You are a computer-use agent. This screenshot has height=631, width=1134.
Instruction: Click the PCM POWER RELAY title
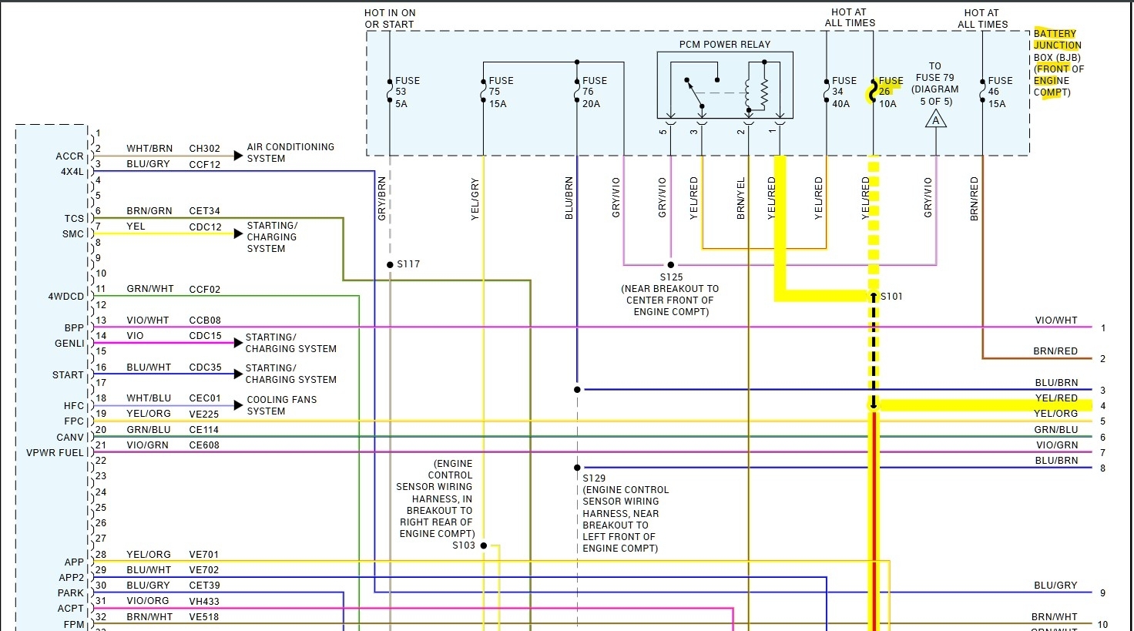pyautogui.click(x=724, y=45)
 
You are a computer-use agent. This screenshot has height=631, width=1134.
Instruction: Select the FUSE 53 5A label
pyautogui.click(x=407, y=92)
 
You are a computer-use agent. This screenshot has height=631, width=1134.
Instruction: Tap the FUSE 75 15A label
pyautogui.click(x=500, y=92)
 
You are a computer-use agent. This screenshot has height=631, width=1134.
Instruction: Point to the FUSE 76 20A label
pyautogui.click(x=594, y=92)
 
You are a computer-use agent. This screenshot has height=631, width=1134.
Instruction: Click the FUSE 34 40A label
pyautogui.click(x=844, y=92)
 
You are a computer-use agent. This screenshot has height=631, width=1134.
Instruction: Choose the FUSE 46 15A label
pyautogui.click(x=999, y=92)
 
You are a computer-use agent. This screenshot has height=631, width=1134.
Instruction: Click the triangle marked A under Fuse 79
pyautogui.click(x=936, y=119)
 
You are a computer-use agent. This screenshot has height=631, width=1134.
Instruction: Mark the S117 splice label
pyautogui.click(x=408, y=264)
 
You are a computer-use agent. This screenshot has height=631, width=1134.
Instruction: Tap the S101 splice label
pyautogui.click(x=891, y=297)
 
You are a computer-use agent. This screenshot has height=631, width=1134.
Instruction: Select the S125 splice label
pyautogui.click(x=671, y=277)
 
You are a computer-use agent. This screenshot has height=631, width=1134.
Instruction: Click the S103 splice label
pyautogui.click(x=464, y=545)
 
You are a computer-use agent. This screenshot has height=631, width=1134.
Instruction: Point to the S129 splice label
pyautogui.click(x=594, y=478)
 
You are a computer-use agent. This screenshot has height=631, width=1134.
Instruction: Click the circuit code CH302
pyautogui.click(x=204, y=149)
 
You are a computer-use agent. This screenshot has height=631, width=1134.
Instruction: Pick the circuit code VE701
pyautogui.click(x=204, y=555)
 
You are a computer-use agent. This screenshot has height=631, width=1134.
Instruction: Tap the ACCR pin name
pyautogui.click(x=69, y=156)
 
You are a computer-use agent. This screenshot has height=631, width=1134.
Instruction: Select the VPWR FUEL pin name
pyautogui.click(x=55, y=453)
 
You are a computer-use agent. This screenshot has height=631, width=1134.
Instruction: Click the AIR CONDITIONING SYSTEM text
pyautogui.click(x=290, y=153)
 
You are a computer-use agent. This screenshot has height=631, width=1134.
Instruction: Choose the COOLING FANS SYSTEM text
pyautogui.click(x=281, y=405)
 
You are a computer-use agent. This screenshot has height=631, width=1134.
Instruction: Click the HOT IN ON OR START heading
pyautogui.click(x=389, y=18)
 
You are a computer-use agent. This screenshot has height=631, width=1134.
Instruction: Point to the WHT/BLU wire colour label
pyautogui.click(x=149, y=398)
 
